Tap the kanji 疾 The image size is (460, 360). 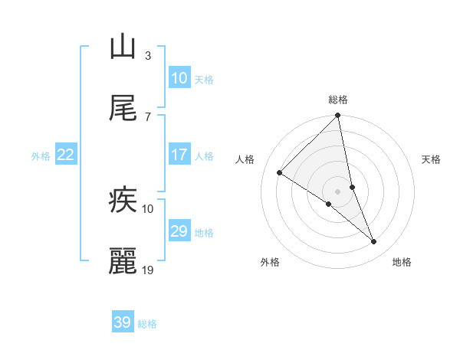[123, 201]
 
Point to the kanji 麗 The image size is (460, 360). [123, 262]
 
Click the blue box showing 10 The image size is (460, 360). [179, 78]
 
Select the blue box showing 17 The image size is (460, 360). [179, 155]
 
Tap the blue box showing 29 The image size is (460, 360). [179, 231]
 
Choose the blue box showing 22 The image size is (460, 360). [66, 155]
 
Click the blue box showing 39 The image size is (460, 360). [123, 322]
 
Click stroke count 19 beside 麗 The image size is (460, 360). [148, 270]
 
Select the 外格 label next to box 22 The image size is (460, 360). [41, 155]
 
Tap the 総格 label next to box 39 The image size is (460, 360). [147, 324]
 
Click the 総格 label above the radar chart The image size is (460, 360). [337, 100]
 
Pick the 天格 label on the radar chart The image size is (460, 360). [432, 159]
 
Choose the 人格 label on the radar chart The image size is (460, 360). [245, 159]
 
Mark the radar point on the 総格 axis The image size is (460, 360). [337, 116]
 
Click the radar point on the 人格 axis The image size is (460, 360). [280, 173]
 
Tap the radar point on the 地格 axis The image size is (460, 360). [374, 242]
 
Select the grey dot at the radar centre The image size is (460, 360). [337, 191]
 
